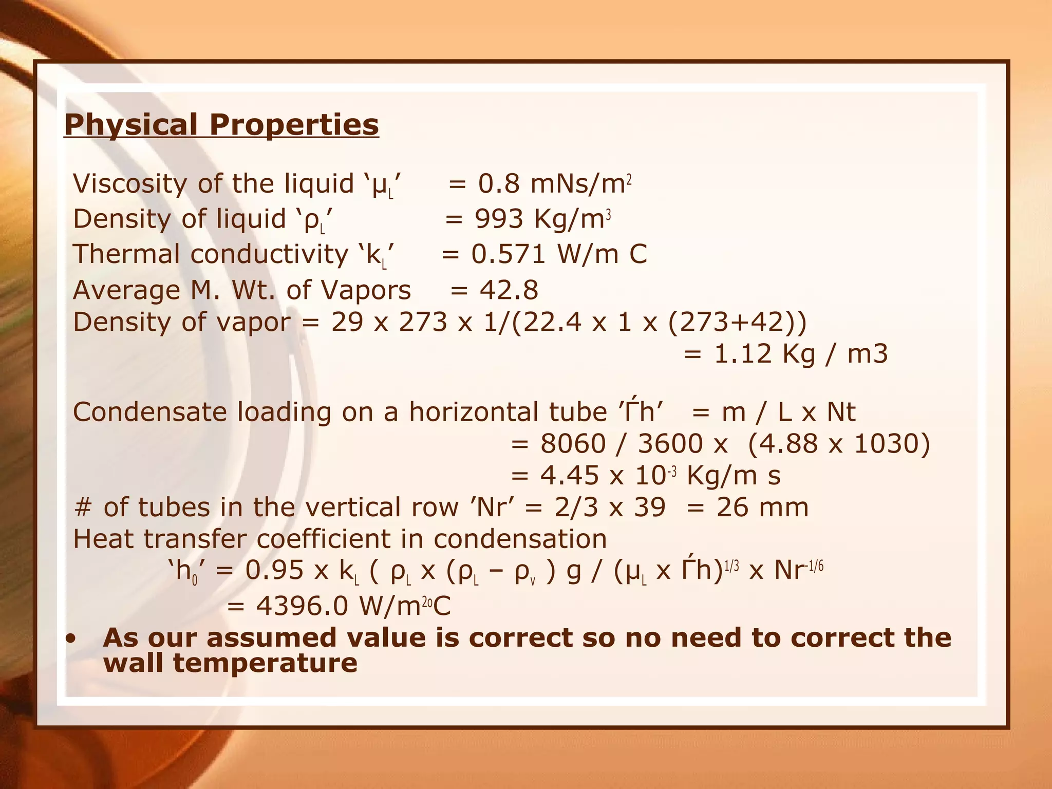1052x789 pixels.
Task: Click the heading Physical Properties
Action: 221,125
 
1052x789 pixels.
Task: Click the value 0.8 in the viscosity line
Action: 499,184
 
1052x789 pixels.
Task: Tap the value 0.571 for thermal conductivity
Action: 508,254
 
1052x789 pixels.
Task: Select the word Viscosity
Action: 130,184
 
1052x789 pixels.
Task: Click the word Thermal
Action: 126,254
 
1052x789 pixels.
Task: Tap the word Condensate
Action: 150,412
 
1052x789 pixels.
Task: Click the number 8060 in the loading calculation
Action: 573,444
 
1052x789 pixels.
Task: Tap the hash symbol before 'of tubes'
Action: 83,508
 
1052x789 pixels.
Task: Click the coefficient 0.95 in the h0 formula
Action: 274,571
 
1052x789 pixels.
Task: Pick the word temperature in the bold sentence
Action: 265,663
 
